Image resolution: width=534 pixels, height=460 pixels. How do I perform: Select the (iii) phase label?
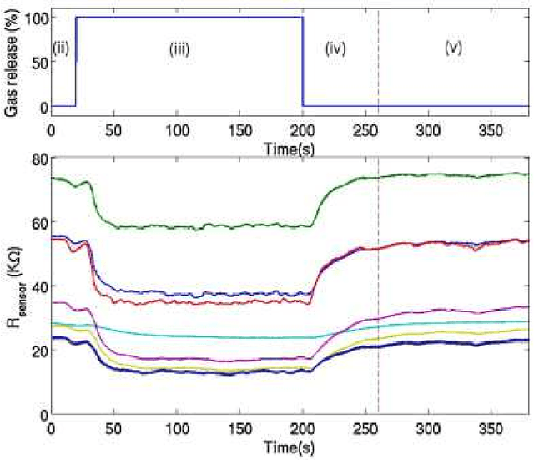179,48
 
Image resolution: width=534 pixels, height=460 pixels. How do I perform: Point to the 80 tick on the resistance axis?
37,159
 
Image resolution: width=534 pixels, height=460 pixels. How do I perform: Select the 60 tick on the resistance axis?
37,223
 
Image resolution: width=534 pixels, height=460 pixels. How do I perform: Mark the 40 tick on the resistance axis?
37,286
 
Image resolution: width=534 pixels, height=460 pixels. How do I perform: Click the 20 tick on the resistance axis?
37,351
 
